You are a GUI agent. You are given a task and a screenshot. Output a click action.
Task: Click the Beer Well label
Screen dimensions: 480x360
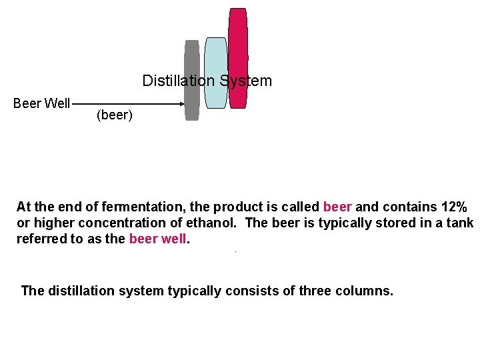(x=41, y=103)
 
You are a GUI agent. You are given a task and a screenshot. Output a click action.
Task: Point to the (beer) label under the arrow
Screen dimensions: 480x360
(x=115, y=115)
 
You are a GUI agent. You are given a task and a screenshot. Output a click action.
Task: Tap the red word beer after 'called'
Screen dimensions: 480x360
(x=337, y=207)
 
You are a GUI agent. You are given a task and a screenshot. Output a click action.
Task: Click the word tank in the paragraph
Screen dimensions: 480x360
(x=459, y=223)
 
